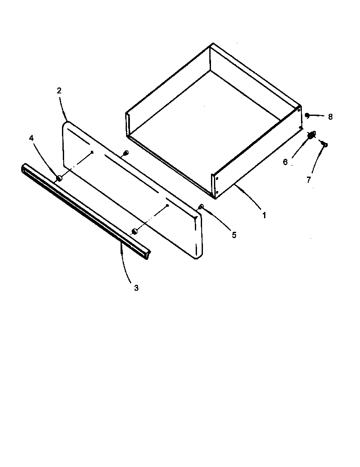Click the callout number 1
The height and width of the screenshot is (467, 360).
tap(264, 216)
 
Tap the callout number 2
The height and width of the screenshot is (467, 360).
tap(59, 90)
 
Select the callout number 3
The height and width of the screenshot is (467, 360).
tap(136, 288)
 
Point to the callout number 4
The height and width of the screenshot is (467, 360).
tap(31, 138)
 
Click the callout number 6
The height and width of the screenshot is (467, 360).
tap(285, 162)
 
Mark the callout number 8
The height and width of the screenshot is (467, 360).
tap(330, 117)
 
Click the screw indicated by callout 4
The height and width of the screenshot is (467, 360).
tap(59, 178)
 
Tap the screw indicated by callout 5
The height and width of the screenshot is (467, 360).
tap(201, 207)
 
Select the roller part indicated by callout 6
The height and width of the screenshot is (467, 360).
tap(312, 135)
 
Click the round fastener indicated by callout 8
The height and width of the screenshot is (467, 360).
tap(307, 115)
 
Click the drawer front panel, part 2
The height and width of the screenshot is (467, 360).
tap(132, 187)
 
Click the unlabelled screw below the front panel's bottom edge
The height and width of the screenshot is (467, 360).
tap(135, 231)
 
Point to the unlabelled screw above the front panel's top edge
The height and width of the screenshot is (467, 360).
tap(125, 153)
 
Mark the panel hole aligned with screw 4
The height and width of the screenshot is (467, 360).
tap(92, 152)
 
